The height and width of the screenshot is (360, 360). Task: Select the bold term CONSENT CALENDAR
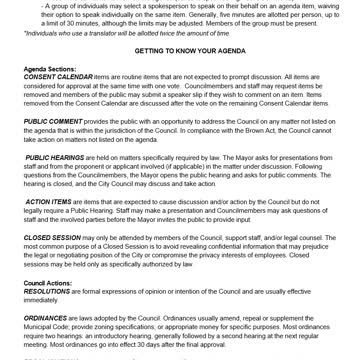click(x=58, y=77)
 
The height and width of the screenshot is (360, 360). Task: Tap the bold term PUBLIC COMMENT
click(x=54, y=121)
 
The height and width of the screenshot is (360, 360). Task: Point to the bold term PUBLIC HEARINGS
click(x=56, y=158)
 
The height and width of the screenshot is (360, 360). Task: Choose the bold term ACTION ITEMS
click(x=49, y=202)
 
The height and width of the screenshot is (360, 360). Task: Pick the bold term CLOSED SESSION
click(x=53, y=239)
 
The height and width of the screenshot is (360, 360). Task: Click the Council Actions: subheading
click(x=47, y=283)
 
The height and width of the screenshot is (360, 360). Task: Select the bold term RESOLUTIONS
click(x=47, y=291)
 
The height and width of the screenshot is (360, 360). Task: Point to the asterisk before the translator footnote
click(x=25, y=33)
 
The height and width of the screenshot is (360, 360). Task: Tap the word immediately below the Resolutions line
click(x=41, y=299)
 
